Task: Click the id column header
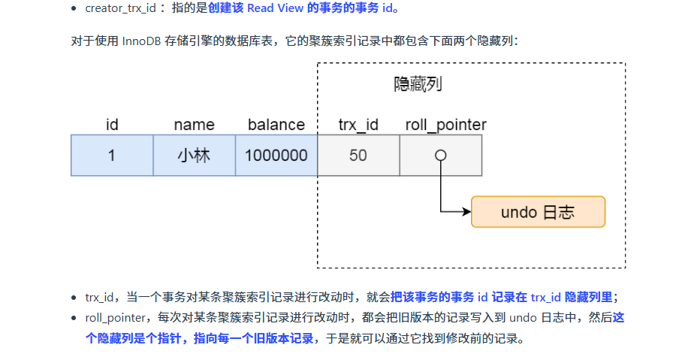112,125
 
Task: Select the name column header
194,125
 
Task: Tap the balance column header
276,125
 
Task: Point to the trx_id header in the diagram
358,125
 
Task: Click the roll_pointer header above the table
445,125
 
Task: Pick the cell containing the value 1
112,156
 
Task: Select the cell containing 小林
194,156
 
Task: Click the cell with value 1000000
276,156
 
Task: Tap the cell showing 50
358,156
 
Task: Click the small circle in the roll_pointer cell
441,155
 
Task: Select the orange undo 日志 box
538,212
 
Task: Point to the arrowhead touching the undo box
466,212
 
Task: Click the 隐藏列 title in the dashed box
418,84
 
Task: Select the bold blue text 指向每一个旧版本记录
254,338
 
